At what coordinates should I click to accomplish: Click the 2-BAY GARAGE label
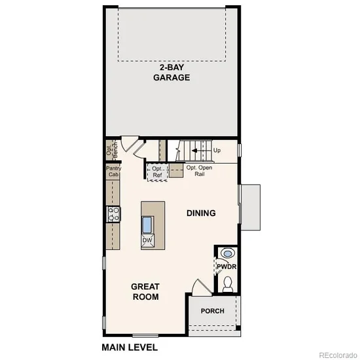[171, 73]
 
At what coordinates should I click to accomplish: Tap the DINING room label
[201, 213]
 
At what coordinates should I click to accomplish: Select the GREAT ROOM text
[145, 291]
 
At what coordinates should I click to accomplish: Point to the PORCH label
[212, 311]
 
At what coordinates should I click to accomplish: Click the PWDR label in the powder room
[226, 266]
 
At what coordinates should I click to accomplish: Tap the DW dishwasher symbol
[147, 240]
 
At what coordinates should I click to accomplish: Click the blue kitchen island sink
[147, 225]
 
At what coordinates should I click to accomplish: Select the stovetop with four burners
[113, 214]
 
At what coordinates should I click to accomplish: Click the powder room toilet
[228, 284]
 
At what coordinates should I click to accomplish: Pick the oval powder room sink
[228, 253]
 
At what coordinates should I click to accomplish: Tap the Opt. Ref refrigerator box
[157, 172]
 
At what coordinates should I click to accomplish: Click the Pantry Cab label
[113, 171]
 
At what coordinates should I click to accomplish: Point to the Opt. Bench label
[112, 150]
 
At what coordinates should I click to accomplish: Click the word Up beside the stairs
[217, 151]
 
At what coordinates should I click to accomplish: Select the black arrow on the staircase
[201, 151]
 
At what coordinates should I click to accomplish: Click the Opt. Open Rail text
[199, 171]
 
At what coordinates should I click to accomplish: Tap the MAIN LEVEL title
[130, 348]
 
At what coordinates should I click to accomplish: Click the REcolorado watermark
[338, 355]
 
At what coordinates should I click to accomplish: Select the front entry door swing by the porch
[201, 287]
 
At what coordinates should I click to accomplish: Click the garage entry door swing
[130, 144]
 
